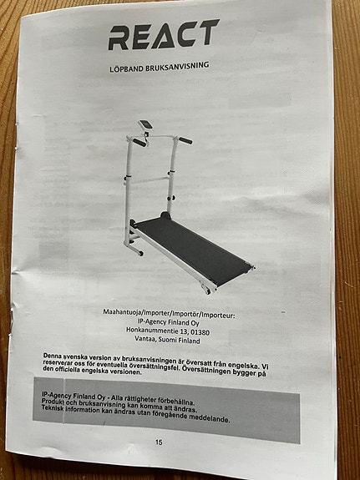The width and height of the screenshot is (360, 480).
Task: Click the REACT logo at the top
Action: tap(164, 34)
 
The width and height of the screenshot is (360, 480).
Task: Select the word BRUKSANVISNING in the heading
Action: tap(177, 66)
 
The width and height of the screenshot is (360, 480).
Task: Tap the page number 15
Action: tap(159, 442)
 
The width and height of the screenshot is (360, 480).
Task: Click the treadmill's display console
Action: tap(145, 124)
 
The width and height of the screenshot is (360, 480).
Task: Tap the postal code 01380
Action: tap(200, 332)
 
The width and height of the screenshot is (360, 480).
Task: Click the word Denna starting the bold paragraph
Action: tap(52, 356)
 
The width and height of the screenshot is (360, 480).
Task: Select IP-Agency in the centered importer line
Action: tap(152, 321)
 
